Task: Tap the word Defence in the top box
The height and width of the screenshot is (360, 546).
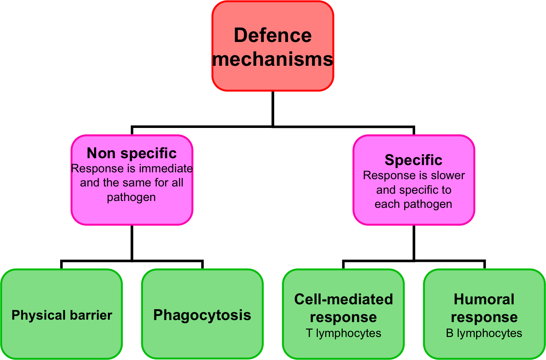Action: (273, 35)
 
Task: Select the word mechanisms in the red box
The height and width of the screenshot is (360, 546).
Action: (273, 59)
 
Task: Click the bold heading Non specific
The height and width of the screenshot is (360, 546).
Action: (132, 153)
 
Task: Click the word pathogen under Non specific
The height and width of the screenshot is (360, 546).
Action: (131, 197)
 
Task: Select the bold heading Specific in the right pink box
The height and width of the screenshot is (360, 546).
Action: (414, 160)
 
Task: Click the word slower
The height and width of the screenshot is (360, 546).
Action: (447, 176)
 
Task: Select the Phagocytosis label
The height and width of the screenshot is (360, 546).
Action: (202, 315)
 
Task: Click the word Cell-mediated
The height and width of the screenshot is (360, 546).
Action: (343, 299)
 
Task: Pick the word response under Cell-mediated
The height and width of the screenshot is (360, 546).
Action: (343, 317)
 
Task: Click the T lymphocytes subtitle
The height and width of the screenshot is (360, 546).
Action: (343, 333)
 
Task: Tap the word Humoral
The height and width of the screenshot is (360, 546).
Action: (484, 299)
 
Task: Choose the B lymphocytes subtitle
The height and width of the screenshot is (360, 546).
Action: (484, 333)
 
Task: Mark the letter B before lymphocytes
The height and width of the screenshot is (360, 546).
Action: (449, 333)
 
